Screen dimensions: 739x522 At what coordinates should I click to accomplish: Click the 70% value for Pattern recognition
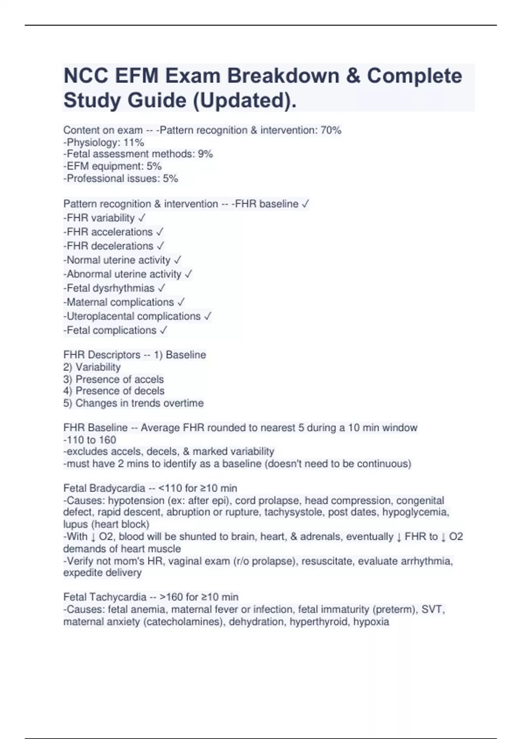coord(331,130)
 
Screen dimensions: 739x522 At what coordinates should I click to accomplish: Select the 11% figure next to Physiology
coord(134,142)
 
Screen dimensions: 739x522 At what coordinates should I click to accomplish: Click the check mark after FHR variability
coord(142,218)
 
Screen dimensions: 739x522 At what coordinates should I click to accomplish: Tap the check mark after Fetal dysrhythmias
coord(162,288)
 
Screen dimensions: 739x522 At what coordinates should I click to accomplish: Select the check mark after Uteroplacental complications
coord(207,316)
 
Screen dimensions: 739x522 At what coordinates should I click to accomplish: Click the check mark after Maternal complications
coord(181,302)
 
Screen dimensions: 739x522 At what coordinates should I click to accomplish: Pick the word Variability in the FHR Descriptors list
coord(98,367)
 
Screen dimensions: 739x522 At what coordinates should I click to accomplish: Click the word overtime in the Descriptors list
coord(183,403)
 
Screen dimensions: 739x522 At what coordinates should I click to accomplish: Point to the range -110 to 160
coord(90,439)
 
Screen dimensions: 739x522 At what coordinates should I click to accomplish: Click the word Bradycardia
coord(117,488)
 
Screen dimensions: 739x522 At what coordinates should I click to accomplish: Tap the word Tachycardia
coord(118,597)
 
